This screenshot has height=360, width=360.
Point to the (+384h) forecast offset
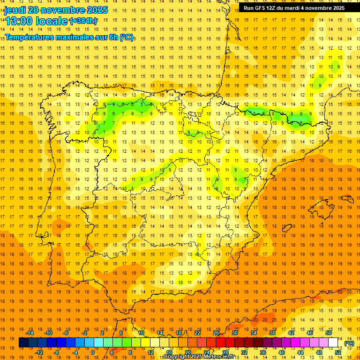(x=83, y=21)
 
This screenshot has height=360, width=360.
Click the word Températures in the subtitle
(x=31, y=37)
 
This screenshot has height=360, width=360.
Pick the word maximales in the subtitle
(x=78, y=37)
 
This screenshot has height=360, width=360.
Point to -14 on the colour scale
(x=30, y=333)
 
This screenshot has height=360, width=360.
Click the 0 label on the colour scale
(x=92, y=352)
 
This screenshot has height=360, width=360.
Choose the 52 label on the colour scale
(x=338, y=352)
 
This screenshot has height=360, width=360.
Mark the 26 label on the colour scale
(x=216, y=333)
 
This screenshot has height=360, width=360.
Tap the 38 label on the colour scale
(x=272, y=333)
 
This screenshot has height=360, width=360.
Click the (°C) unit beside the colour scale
(x=349, y=343)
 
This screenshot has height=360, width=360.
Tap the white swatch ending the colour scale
(x=333, y=343)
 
